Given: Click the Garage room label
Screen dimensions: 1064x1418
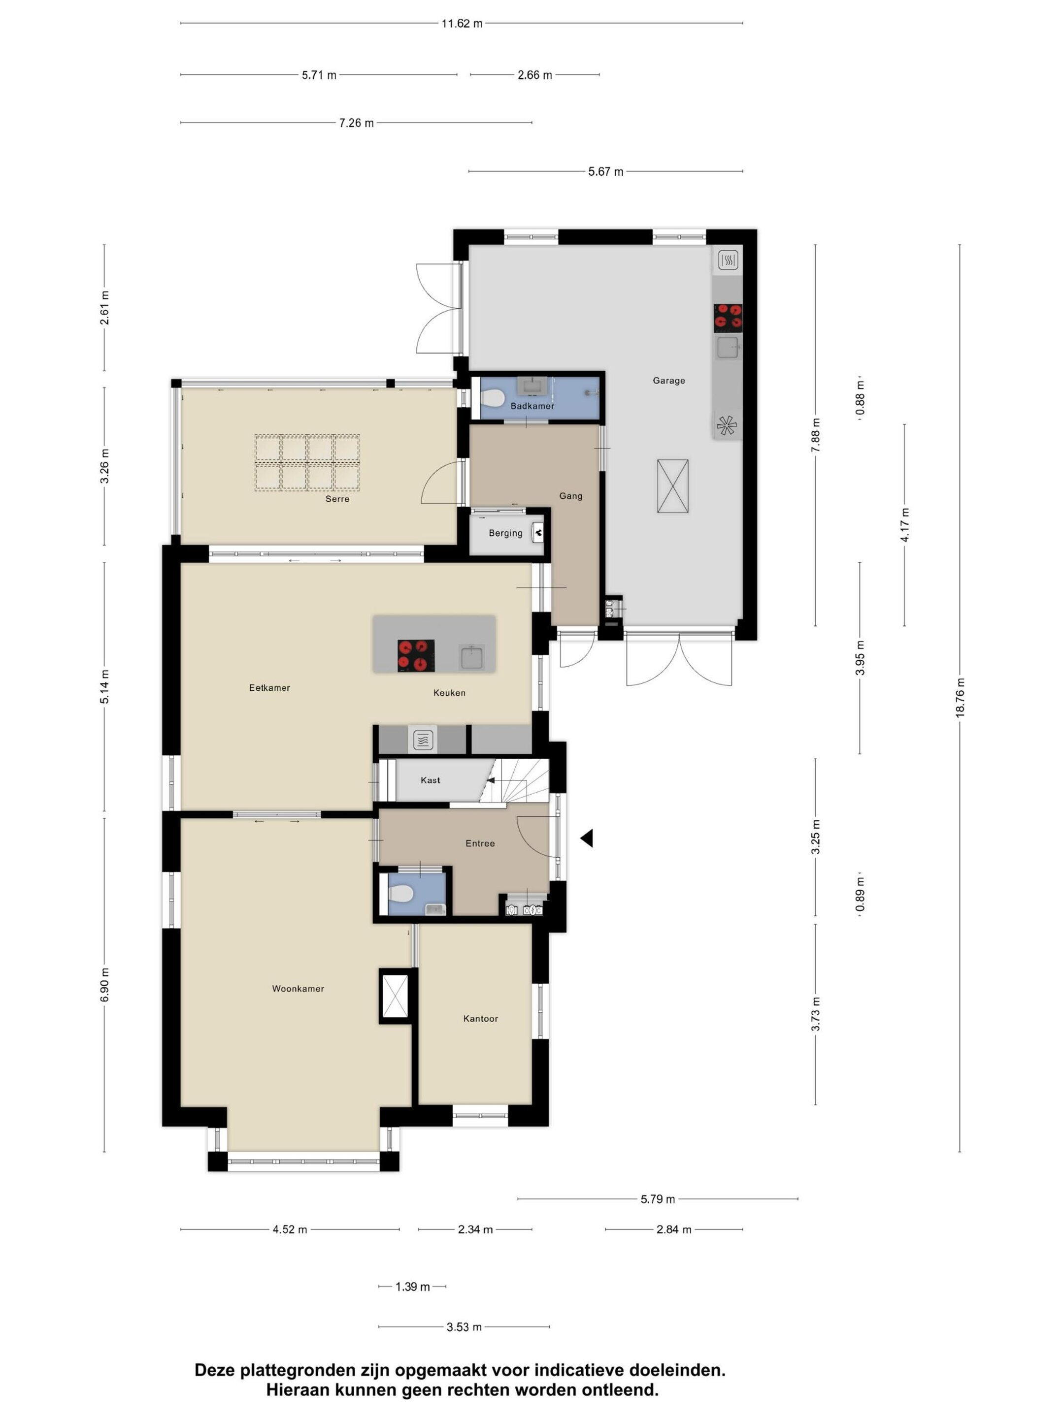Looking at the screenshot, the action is [x=669, y=380].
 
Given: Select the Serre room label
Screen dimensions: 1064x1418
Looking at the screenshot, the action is [x=337, y=499].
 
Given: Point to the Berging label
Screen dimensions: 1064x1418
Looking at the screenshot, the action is [x=505, y=533].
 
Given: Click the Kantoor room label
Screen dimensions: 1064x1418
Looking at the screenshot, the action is [x=480, y=1019].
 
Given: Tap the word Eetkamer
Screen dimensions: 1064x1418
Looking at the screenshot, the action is [x=269, y=688].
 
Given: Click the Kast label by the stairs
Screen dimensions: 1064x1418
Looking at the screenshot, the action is [x=431, y=780].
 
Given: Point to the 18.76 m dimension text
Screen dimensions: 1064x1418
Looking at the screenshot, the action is [x=960, y=698].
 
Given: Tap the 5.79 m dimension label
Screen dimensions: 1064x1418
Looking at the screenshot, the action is [x=658, y=1199].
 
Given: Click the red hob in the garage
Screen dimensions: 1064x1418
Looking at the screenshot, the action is [x=728, y=318].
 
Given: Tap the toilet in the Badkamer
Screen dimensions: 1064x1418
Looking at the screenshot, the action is [x=491, y=399].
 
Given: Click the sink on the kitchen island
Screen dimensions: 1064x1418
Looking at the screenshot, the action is [x=472, y=657].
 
